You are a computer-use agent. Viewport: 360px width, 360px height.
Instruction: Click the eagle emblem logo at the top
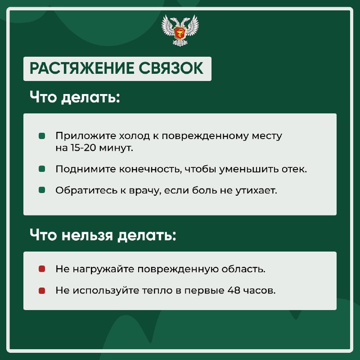(180, 30)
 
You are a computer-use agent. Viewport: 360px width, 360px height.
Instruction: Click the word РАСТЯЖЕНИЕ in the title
(82, 68)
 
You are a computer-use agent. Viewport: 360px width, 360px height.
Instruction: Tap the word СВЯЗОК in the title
(171, 68)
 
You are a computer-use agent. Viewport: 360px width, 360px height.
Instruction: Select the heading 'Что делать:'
(75, 97)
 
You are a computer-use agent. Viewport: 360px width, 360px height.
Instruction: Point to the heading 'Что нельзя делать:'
(103, 235)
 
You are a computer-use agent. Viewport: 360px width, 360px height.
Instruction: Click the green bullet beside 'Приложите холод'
(42, 136)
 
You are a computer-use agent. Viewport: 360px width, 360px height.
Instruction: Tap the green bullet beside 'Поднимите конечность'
(42, 169)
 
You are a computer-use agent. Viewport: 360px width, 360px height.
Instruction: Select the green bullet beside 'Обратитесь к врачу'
(42, 190)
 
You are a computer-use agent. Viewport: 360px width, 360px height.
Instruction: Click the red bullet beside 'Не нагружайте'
(42, 269)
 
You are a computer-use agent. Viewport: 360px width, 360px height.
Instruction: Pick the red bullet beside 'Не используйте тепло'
(42, 291)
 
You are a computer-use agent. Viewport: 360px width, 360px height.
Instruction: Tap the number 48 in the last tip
(234, 290)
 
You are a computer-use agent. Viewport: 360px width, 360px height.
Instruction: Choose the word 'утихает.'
(256, 190)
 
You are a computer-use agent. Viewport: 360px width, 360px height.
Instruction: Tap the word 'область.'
(243, 269)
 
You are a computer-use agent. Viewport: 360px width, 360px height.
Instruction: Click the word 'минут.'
(116, 148)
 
